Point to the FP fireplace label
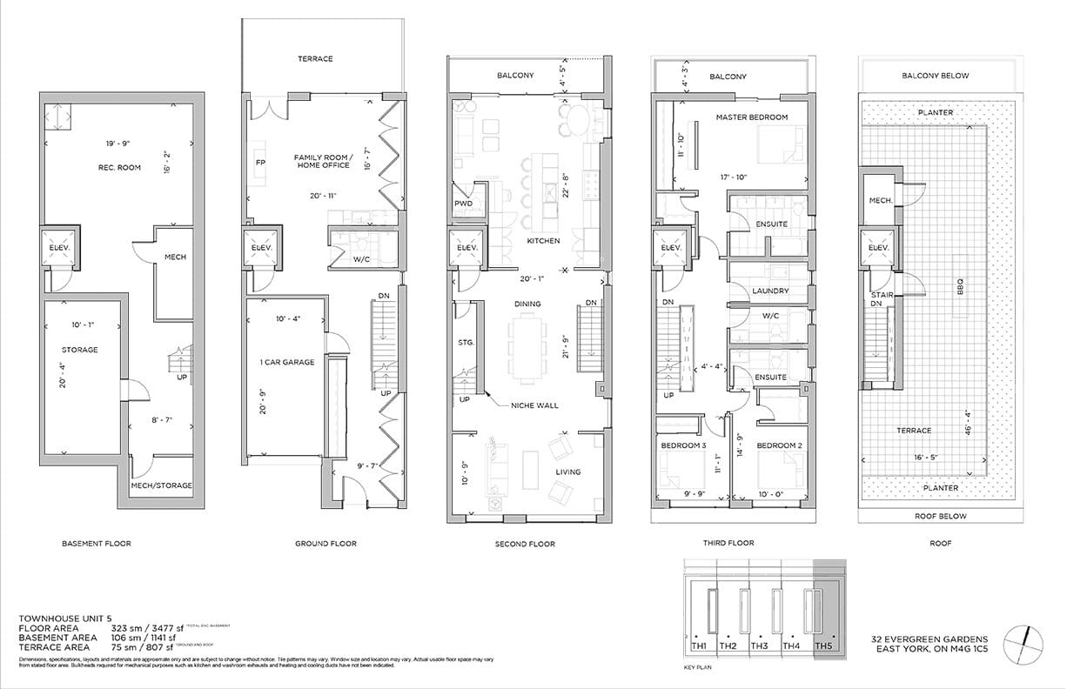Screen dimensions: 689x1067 pyautogui.click(x=260, y=163)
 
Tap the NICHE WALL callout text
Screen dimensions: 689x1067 pyautogui.click(x=535, y=405)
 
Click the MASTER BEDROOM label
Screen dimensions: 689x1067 pyautogui.click(x=751, y=117)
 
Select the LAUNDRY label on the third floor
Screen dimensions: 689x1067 pyautogui.click(x=770, y=291)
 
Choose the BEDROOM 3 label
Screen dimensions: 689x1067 pyautogui.click(x=683, y=445)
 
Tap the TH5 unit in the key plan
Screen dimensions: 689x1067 pyautogui.click(x=822, y=646)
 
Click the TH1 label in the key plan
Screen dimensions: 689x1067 pyautogui.click(x=698, y=646)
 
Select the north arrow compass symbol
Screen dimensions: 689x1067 pyautogui.click(x=1025, y=646)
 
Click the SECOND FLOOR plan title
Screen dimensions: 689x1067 pyautogui.click(x=525, y=544)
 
